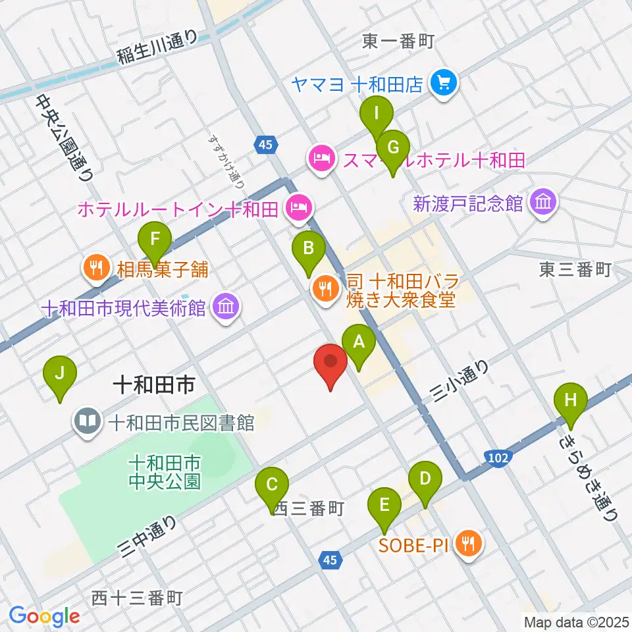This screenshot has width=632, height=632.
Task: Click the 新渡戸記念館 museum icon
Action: point(544,201)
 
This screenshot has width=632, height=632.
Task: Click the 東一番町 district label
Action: point(398,42)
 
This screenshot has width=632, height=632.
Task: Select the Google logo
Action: point(44,616)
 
